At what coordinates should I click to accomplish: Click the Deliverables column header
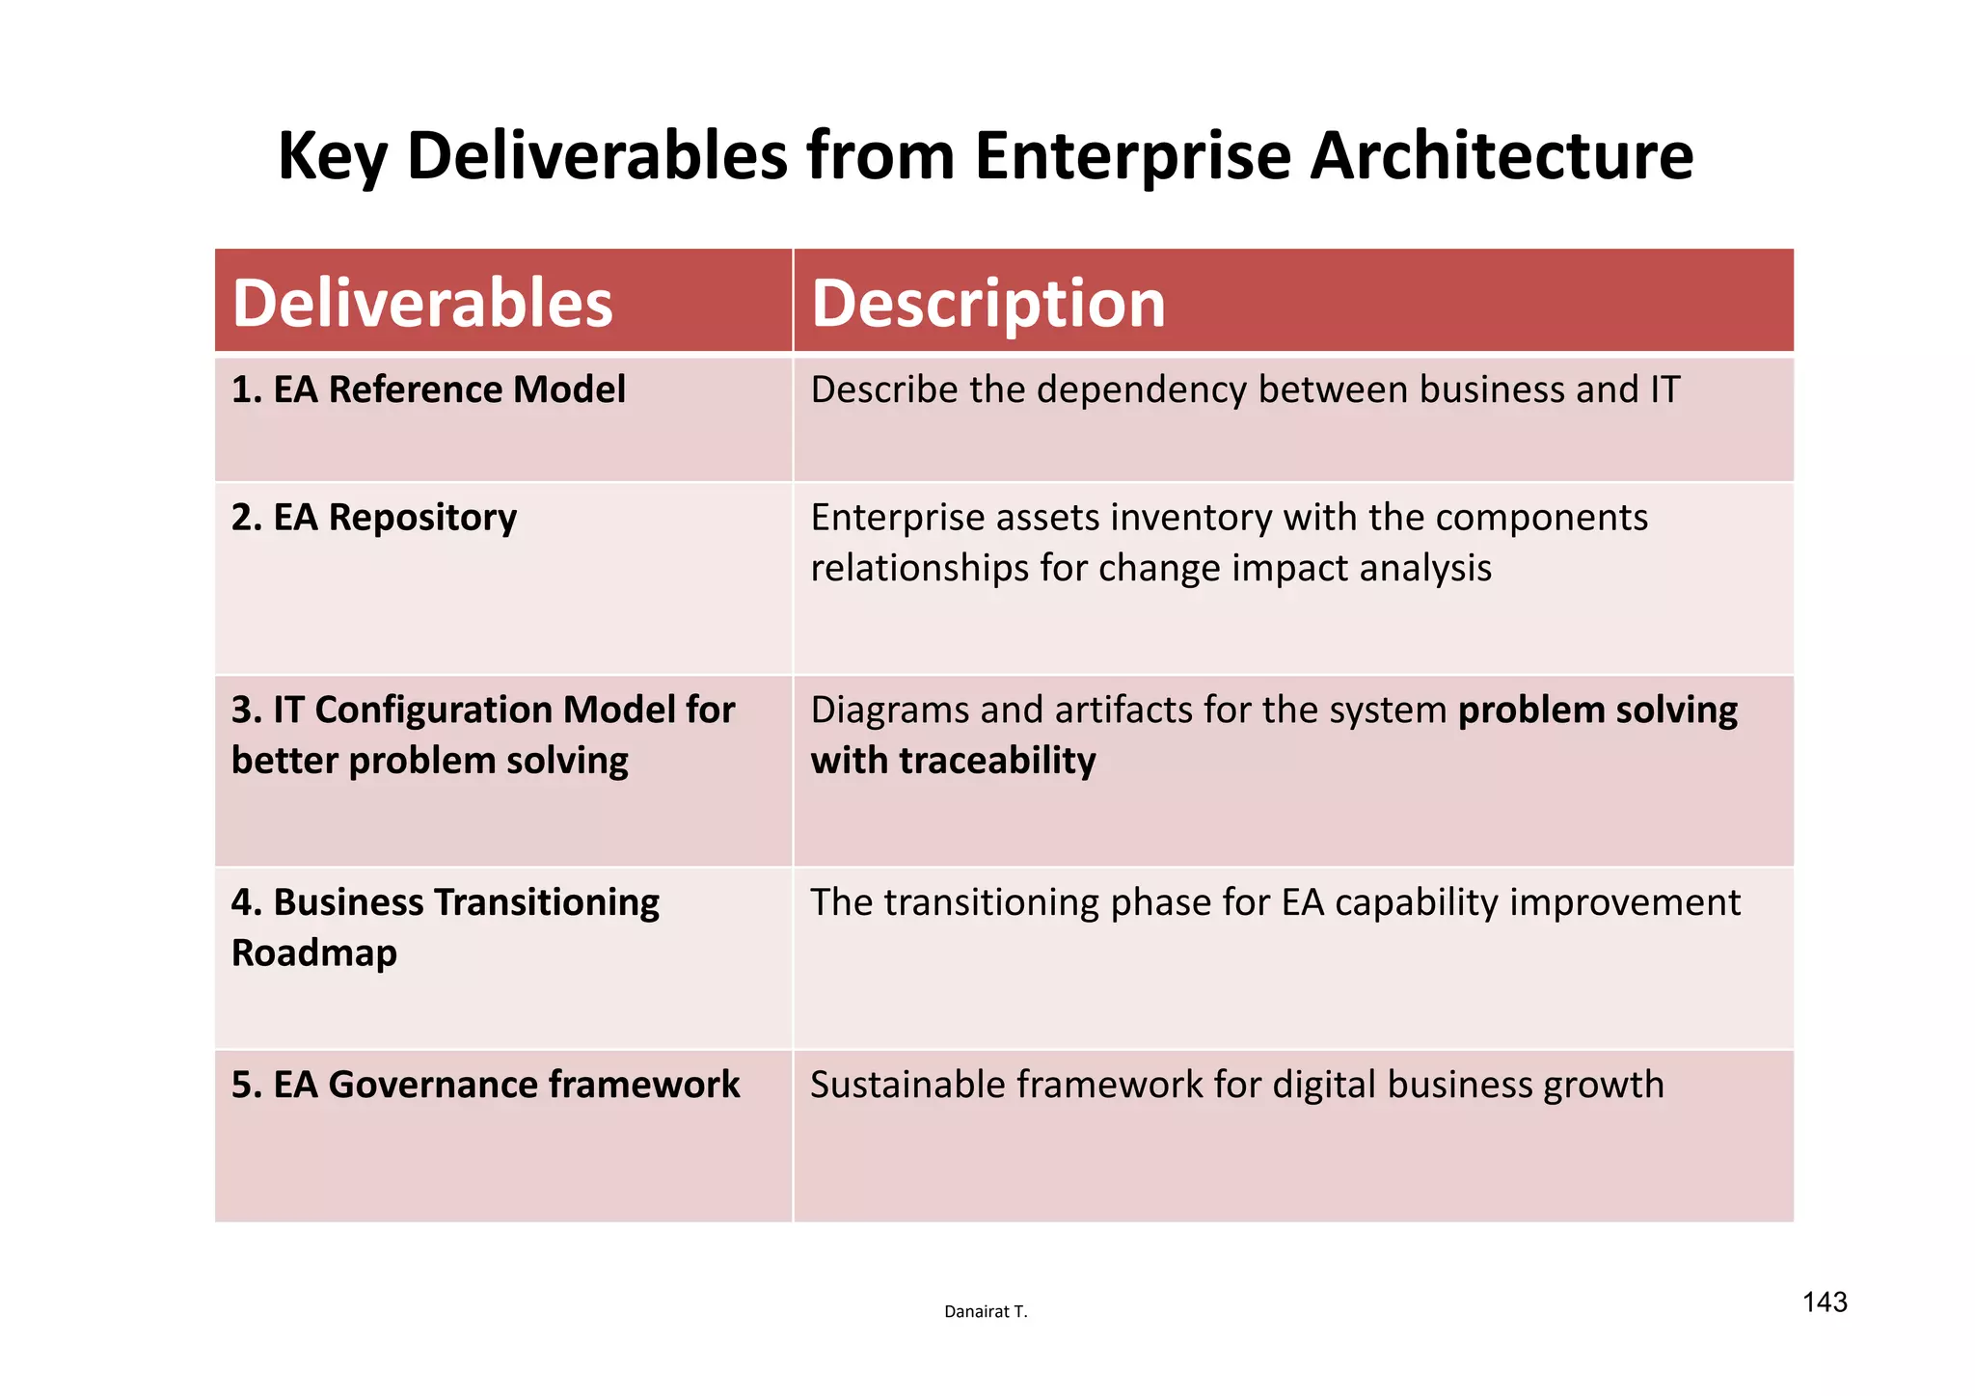tap(422, 303)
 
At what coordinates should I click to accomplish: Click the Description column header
tap(987, 303)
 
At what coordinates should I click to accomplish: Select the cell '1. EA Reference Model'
tap(428, 389)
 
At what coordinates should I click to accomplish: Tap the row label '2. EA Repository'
tap(374, 518)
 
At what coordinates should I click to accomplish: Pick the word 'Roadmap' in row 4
tap(314, 953)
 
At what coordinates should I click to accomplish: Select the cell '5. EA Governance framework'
tap(485, 1085)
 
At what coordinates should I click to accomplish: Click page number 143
tap(1824, 1302)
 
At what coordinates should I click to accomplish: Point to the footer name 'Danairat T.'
tap(986, 1311)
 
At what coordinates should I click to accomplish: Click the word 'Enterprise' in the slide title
tap(1132, 155)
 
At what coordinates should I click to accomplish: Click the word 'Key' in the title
tap(332, 155)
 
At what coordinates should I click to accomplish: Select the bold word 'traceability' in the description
tap(997, 761)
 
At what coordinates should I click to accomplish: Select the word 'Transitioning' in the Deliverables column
tap(547, 902)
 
